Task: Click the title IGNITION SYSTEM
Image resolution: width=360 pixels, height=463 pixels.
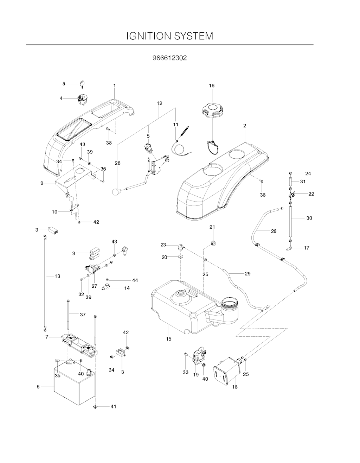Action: (170, 36)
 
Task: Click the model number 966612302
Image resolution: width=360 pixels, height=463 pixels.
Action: (170, 58)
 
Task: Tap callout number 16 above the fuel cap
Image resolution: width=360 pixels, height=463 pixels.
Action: (212, 85)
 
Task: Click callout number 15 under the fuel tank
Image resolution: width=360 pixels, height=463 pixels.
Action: (169, 339)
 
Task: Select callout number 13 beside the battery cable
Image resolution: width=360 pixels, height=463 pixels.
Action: (57, 276)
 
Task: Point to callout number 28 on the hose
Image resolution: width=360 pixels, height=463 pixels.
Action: (274, 231)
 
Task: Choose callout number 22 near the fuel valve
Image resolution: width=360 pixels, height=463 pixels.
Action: (311, 194)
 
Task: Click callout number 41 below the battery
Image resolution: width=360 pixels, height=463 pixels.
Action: (113, 406)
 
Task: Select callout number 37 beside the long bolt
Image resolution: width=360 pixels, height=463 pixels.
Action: (83, 315)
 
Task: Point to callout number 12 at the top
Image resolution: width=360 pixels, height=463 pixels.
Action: (160, 103)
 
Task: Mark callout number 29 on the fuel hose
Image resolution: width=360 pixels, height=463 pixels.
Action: (247, 273)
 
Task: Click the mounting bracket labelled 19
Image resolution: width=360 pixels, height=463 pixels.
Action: (199, 357)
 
